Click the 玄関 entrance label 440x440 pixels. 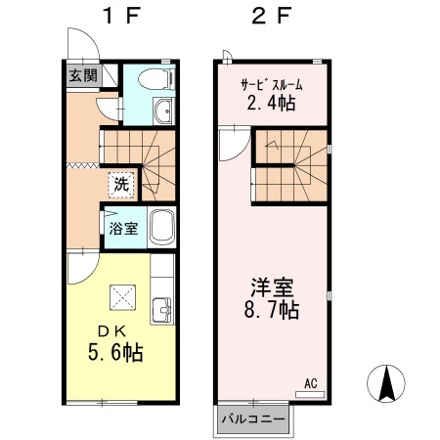pos(83,76)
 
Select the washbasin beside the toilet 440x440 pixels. pos(163,110)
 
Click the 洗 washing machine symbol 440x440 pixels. pos(121,185)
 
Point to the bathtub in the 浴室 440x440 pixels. pos(162,227)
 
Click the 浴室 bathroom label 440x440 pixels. pos(123,228)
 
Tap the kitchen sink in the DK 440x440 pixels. pos(162,310)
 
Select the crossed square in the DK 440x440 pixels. pos(122,297)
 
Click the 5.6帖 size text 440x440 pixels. pos(115,352)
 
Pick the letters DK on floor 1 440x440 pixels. pos(112,331)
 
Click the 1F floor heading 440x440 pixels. pos(121,16)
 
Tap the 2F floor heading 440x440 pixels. pos(271,16)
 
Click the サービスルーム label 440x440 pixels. pos(272,85)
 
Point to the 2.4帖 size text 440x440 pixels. pos(271,103)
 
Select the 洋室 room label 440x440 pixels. pos(272,287)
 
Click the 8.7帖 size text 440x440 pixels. pos(272,310)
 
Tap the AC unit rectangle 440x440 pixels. pos(310,394)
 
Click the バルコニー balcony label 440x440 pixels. pos(253,418)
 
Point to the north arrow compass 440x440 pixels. pos(386,383)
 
